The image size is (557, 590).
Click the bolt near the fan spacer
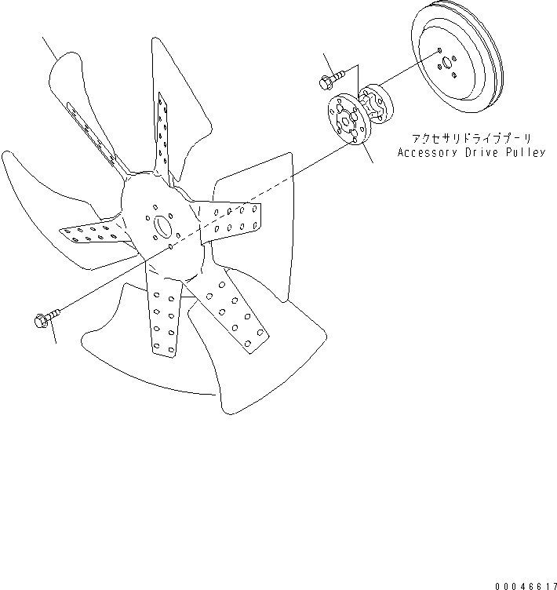(329, 78)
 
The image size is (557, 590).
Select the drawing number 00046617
(526, 585)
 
